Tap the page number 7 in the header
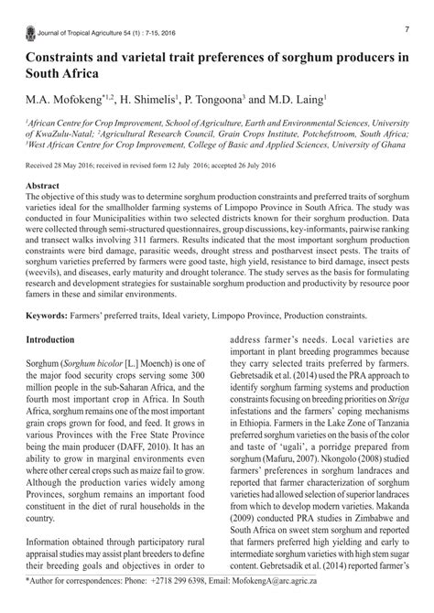tap(406, 30)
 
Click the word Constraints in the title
tap(74, 57)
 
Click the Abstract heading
tap(47, 185)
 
